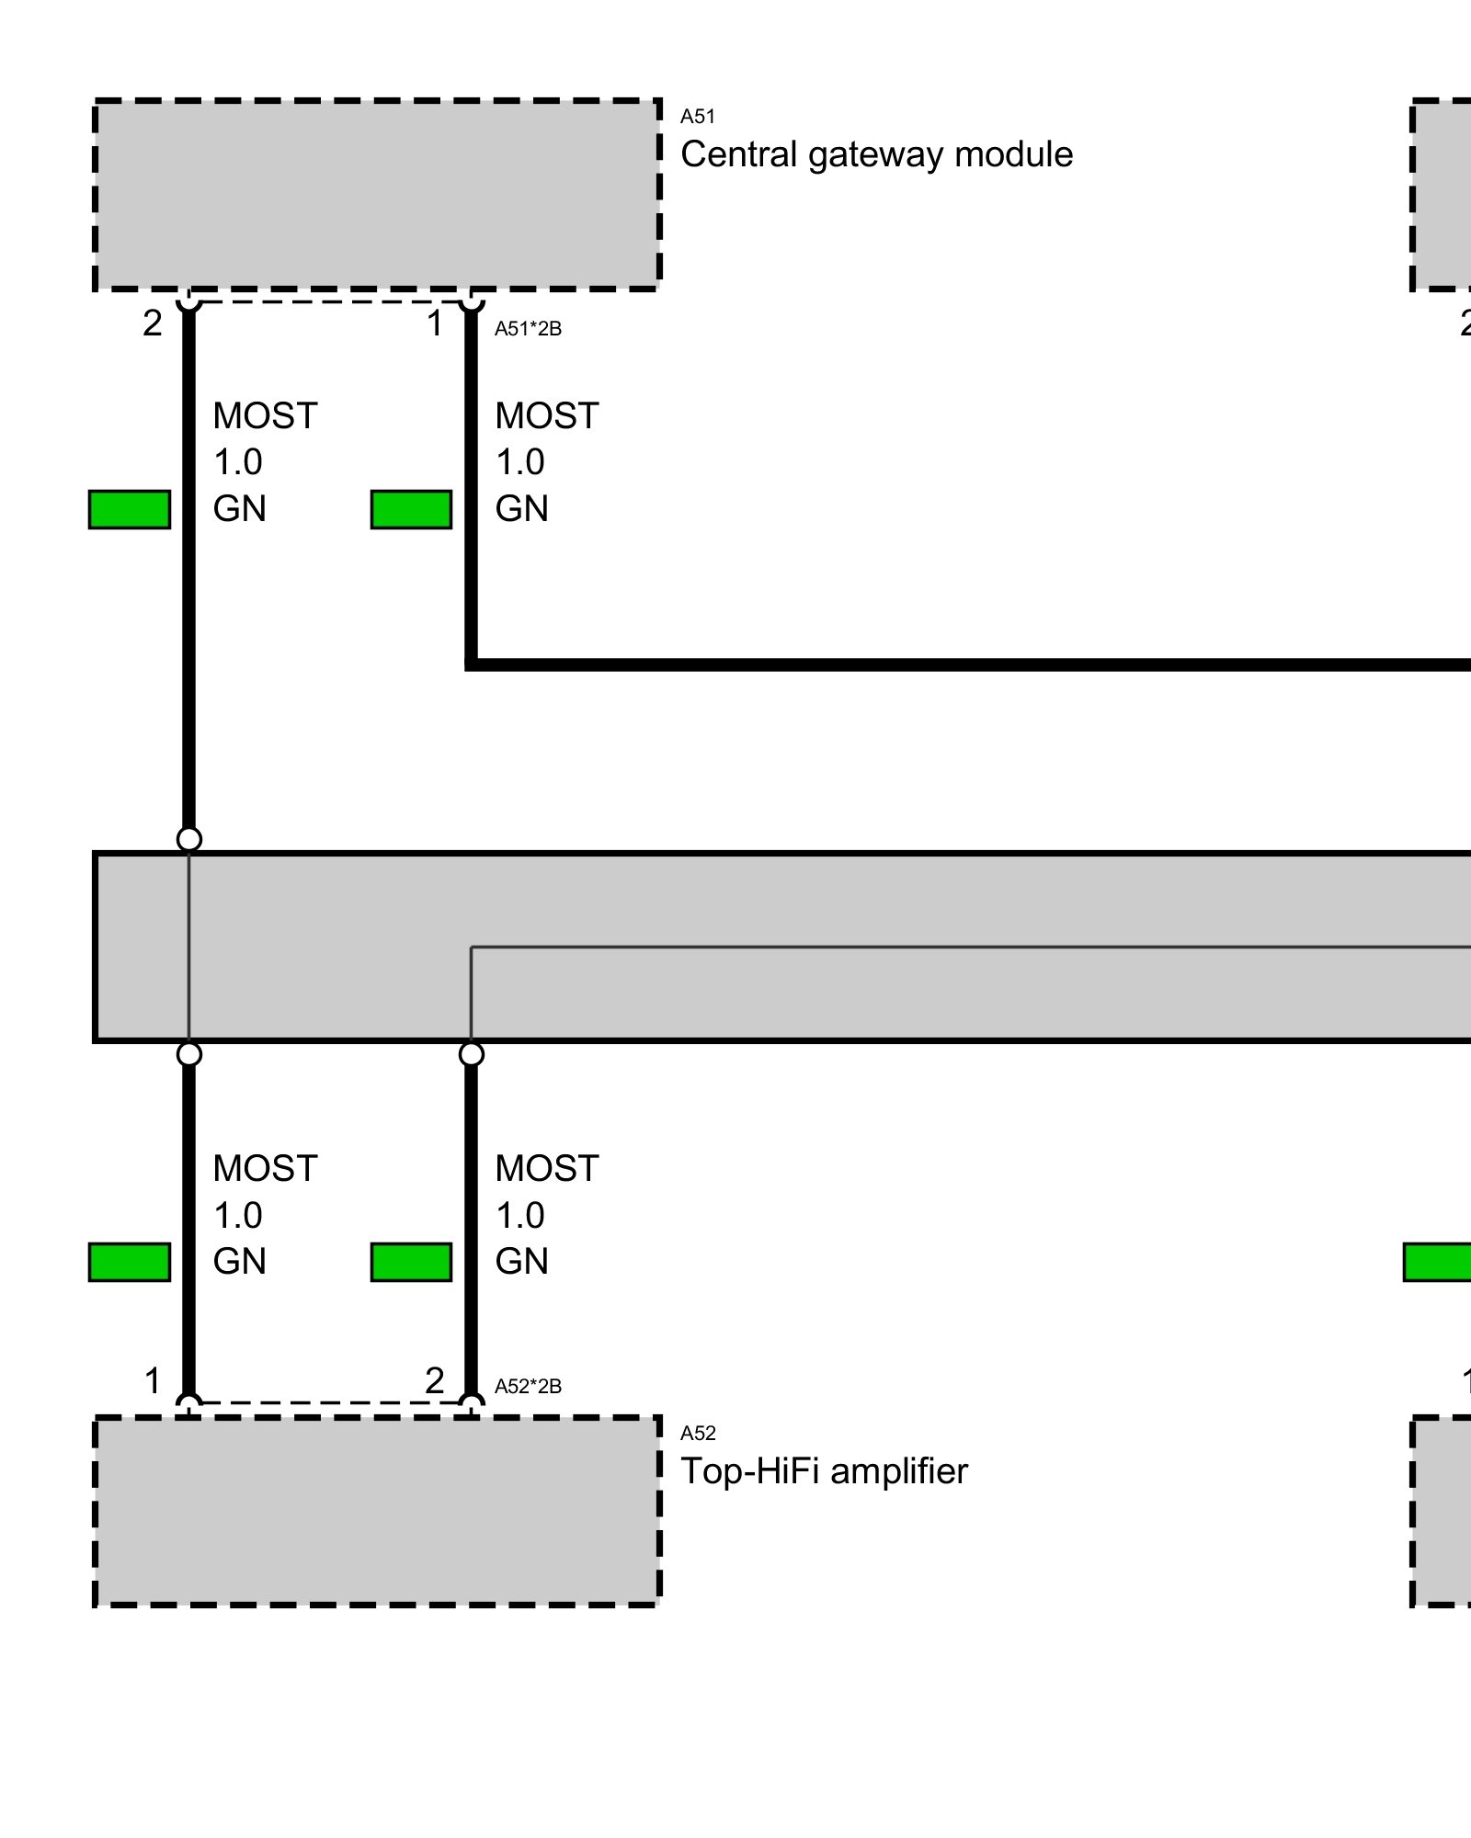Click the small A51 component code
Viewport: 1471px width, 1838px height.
(697, 117)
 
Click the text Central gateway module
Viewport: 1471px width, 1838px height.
(876, 154)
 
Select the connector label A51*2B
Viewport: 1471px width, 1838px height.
(528, 329)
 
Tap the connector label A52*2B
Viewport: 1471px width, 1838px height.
(528, 1387)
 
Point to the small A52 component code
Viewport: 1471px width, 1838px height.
(697, 1434)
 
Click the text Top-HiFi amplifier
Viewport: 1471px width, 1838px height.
(824, 1471)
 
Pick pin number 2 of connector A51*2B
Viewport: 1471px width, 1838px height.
(153, 323)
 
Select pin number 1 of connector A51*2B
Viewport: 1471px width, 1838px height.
(435, 323)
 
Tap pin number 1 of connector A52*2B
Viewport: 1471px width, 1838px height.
(153, 1380)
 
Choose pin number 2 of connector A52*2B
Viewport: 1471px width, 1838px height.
(435, 1380)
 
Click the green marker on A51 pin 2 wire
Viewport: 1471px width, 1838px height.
(130, 509)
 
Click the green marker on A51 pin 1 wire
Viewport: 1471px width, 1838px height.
(411, 509)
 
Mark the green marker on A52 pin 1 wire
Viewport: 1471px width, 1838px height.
(130, 1262)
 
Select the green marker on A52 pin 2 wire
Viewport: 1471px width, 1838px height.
(411, 1262)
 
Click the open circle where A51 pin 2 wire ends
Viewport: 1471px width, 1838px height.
(188, 839)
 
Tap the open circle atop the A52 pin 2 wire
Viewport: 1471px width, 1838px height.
(471, 1054)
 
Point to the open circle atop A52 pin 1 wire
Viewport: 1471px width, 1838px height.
(188, 1054)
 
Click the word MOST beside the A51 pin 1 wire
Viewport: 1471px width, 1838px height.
(547, 416)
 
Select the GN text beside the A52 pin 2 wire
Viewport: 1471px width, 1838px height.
(521, 1262)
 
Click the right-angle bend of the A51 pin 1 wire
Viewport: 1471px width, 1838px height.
(471, 664)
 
